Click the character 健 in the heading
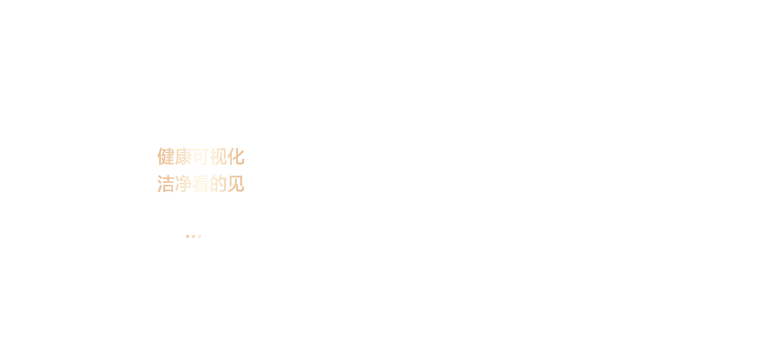pos(166,156)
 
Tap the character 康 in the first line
pos(183,156)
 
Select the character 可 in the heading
pos(201,156)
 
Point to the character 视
pos(218,156)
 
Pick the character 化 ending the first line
pos(236,156)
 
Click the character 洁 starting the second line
pos(166,184)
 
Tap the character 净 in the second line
pos(183,184)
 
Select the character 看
pos(201,184)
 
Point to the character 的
pos(218,184)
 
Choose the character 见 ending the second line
pos(236,184)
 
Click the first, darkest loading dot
pos(188,236)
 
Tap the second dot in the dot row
pos(194,236)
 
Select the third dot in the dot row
pos(200,236)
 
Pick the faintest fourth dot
pos(206,236)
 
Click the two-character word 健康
pos(174,156)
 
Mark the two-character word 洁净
pos(174,184)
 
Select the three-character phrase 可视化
pos(218,156)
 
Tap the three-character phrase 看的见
pos(218,184)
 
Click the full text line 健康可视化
pos(201,156)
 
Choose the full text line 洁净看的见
pos(201,184)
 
